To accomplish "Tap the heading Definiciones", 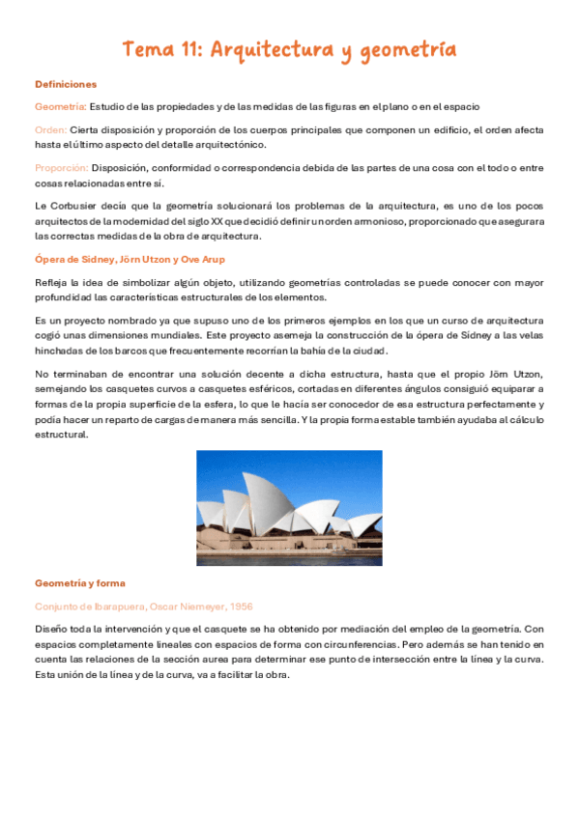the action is pos(66,84).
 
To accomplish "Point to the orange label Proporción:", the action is pos(61,166).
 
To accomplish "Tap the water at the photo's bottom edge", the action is pos(289,558).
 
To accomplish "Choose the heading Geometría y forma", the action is pos(79,583).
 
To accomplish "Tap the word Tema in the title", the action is pos(147,49).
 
